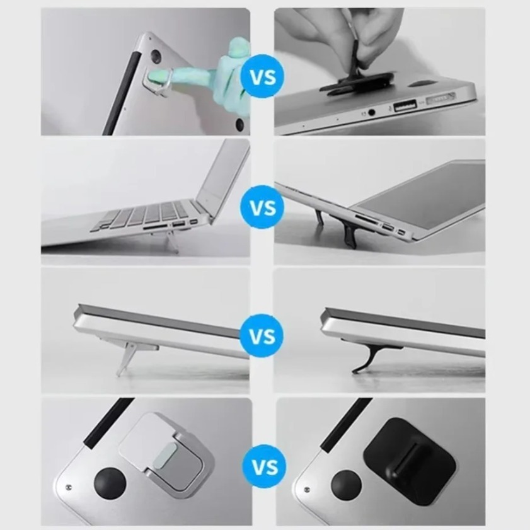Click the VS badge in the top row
[x=263, y=78]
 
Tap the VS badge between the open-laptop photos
[x=263, y=207]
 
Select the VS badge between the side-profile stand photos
[x=263, y=335]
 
